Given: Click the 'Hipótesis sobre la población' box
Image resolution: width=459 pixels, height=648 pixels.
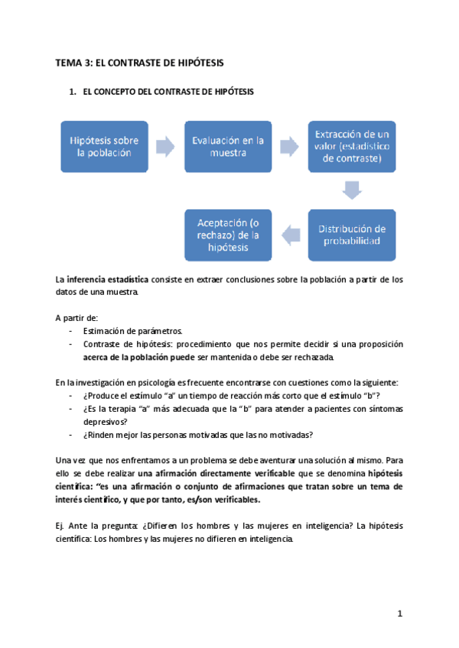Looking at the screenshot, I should [x=104, y=146].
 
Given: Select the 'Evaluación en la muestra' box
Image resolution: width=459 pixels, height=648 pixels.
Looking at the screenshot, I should [x=227, y=146].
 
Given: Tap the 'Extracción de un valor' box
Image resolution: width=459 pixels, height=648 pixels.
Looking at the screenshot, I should [x=351, y=146].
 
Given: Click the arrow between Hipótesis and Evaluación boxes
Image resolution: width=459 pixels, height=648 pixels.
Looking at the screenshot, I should [x=165, y=146].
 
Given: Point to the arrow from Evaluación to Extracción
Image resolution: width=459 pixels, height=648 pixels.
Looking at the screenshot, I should [x=289, y=146].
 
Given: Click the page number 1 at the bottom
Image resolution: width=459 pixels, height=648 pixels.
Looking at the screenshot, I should [x=400, y=613].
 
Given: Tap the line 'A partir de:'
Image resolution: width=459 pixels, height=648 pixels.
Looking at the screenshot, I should [x=77, y=317].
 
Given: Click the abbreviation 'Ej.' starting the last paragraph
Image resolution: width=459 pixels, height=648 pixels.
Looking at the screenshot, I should [x=61, y=526].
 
